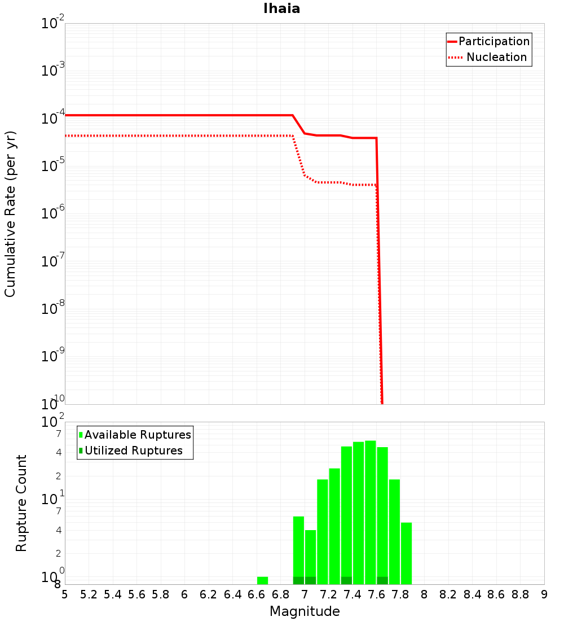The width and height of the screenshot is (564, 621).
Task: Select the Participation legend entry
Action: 493,41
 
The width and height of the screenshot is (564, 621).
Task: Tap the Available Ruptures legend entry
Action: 138,435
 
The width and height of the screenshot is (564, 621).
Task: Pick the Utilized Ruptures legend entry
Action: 133,451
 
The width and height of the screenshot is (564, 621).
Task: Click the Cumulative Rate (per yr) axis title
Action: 10,213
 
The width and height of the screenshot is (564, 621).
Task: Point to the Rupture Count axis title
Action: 21,503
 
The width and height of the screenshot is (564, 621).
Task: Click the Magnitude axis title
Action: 305,611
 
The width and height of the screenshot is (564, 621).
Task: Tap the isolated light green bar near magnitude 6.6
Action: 262,580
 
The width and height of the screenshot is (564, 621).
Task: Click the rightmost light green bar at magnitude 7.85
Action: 406,553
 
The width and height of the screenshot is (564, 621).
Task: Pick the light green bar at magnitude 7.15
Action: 323,531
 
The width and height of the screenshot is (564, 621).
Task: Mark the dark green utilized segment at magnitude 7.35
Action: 346,580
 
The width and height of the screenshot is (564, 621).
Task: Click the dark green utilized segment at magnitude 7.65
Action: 382,580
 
